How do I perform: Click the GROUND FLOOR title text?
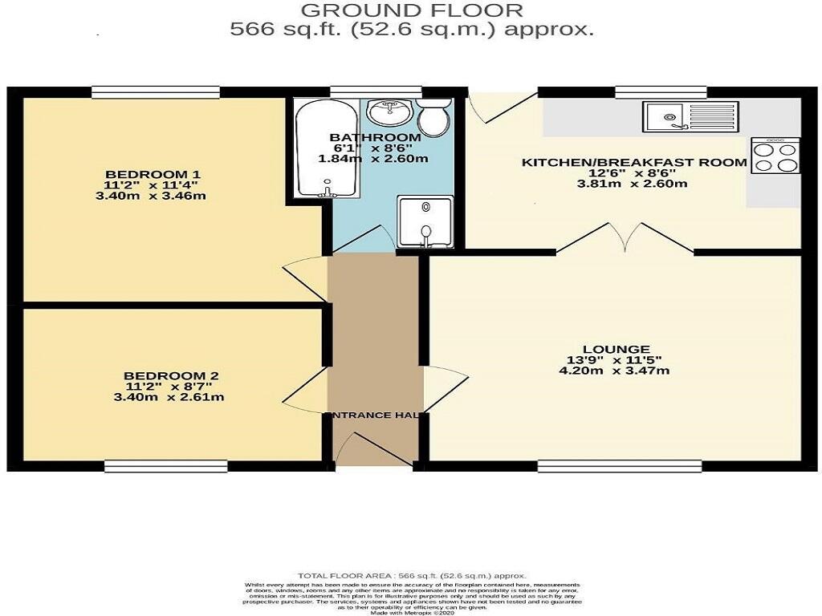pyautogui.click(x=412, y=10)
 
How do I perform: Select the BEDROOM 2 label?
pyautogui.click(x=171, y=375)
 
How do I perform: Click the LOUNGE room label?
pyautogui.click(x=616, y=349)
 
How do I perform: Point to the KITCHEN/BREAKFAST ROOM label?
pyautogui.click(x=634, y=163)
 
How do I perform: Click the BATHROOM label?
pyautogui.click(x=376, y=138)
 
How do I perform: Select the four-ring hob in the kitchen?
pyautogui.click(x=775, y=156)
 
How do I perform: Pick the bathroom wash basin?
pyautogui.click(x=393, y=111)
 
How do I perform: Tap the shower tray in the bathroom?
pyautogui.click(x=425, y=221)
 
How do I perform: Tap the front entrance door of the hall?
pyautogui.click(x=376, y=449)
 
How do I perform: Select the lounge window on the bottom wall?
pyautogui.click(x=620, y=465)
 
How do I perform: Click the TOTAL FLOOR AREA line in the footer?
pyautogui.click(x=412, y=576)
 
